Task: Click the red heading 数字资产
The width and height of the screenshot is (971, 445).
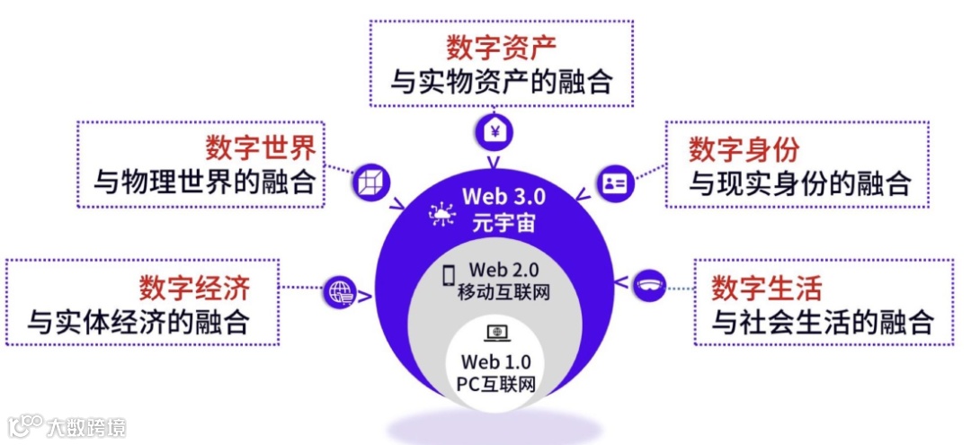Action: (501, 47)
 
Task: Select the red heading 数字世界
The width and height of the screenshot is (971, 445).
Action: (262, 146)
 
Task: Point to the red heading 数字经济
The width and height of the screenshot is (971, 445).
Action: (194, 288)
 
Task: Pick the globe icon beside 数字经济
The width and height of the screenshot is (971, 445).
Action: (342, 291)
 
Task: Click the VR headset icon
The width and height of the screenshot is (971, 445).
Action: (649, 286)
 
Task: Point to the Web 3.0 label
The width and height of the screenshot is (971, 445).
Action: (504, 195)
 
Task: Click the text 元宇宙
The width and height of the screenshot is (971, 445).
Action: (504, 221)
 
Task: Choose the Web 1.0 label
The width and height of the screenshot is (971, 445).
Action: (496, 362)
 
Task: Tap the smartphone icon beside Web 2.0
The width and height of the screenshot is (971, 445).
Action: (448, 276)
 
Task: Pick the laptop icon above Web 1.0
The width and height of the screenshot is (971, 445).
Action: (496, 334)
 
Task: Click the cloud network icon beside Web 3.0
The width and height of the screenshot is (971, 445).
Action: (441, 212)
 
